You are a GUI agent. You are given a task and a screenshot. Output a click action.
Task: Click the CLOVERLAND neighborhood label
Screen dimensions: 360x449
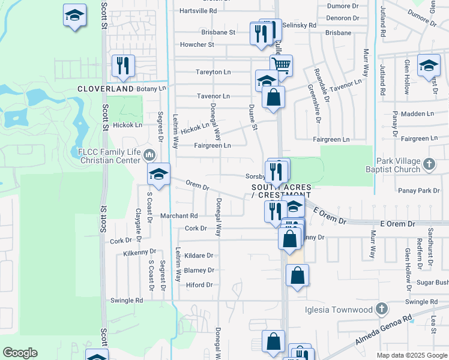pyautogui.click(x=105, y=89)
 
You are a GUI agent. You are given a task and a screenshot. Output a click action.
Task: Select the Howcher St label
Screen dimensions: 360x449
pyautogui.click(x=197, y=45)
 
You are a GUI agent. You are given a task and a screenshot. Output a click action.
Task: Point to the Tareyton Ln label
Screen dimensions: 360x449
pyautogui.click(x=213, y=72)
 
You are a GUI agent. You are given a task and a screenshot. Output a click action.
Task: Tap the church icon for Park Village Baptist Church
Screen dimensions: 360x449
pyautogui.click(x=429, y=164)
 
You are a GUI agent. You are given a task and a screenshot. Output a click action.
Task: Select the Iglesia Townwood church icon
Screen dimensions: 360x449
pyautogui.click(x=380, y=310)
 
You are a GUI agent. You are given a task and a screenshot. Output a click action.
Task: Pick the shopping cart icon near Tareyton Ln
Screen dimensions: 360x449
pyautogui.click(x=280, y=64)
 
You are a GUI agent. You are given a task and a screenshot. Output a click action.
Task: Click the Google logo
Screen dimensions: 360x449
pyautogui.click(x=20, y=353)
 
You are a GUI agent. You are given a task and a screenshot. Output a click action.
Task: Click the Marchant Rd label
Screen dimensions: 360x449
pyautogui.click(x=178, y=216)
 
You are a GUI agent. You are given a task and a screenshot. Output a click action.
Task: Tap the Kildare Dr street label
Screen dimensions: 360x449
pyautogui.click(x=199, y=256)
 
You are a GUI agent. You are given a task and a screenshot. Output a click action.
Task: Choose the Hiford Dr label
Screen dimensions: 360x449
pyautogui.click(x=200, y=285)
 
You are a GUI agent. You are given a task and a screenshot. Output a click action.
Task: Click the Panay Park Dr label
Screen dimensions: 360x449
pyautogui.click(x=419, y=191)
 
